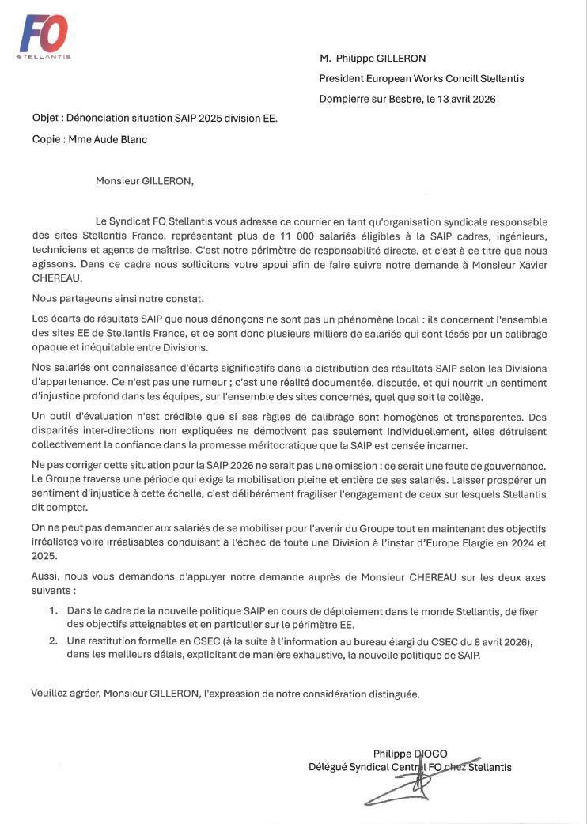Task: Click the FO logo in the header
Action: pos(44,33)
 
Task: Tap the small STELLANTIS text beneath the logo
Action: pos(44,57)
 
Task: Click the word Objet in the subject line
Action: pos(46,119)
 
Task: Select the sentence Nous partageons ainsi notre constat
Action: pos(118,298)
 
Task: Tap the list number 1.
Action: pos(53,611)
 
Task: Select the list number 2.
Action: pos(53,641)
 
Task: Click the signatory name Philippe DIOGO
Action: pos(410,754)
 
